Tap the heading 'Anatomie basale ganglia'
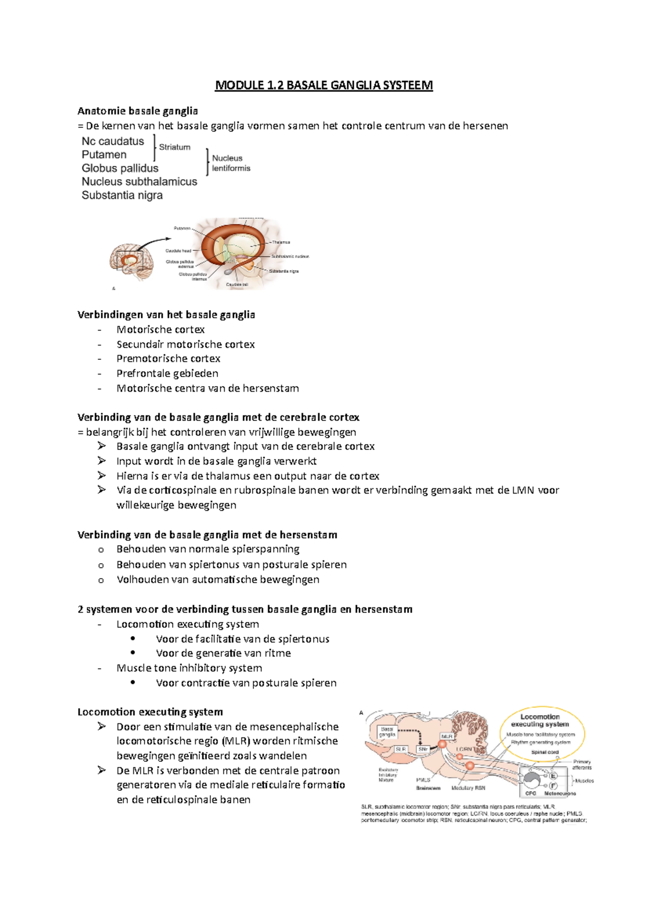137,111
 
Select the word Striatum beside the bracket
174,147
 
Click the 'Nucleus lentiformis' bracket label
231,163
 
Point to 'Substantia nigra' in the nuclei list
122,195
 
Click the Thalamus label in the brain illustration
281,242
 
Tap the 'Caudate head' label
178,251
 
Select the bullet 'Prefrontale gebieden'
167,373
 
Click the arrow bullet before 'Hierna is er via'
101,475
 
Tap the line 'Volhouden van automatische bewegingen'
218,579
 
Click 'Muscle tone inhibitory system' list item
189,668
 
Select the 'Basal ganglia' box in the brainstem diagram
387,732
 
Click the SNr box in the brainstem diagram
423,749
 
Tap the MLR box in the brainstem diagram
447,736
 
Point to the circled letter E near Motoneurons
553,776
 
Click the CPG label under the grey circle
531,794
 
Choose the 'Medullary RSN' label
468,788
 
